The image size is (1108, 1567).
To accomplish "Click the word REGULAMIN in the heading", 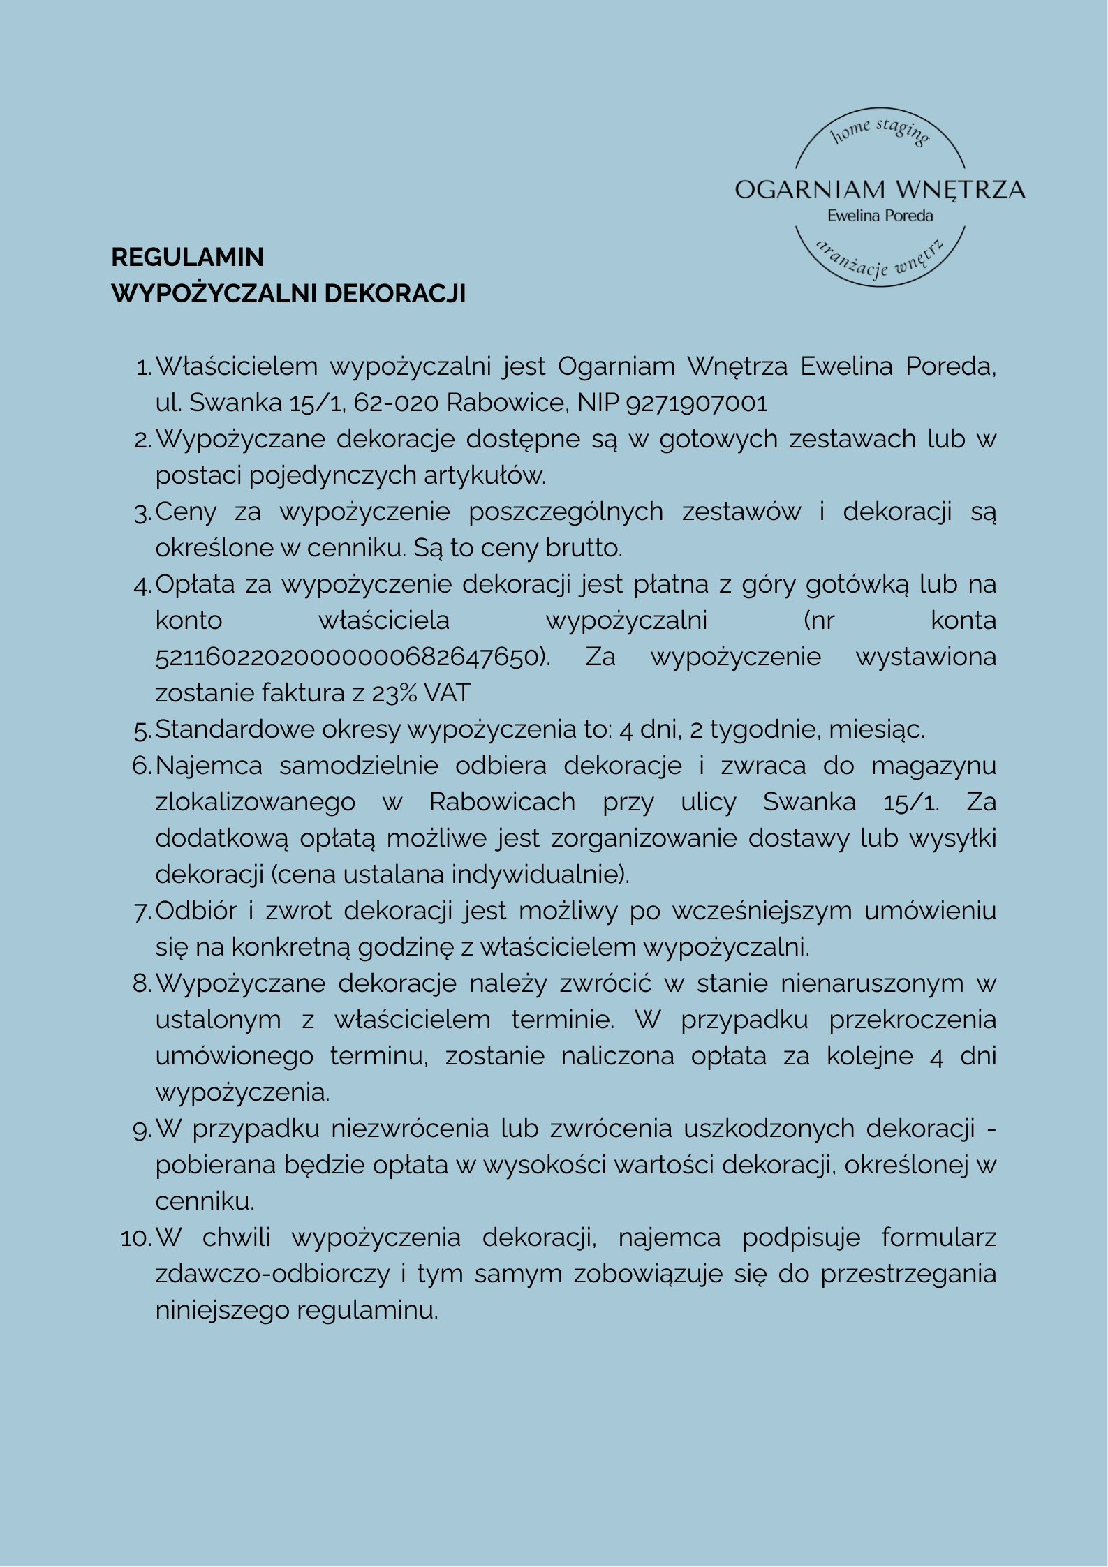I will coord(187,258).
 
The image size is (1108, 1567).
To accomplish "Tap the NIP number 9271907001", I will coord(697,403).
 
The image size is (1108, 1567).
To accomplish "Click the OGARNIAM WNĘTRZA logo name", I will coord(880,190).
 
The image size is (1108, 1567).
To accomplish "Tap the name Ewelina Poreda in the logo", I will coord(880,216).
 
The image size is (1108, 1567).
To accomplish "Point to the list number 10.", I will coord(135,1238).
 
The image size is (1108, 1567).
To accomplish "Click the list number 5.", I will coord(141,731).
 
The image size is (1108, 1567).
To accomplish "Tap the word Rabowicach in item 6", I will coord(502,803).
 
